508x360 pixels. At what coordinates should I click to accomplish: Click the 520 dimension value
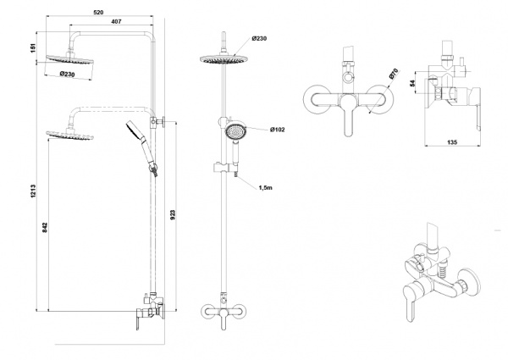(x=98, y=13)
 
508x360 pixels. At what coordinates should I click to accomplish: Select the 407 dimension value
(x=116, y=21)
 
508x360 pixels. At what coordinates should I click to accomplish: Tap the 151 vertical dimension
(x=33, y=47)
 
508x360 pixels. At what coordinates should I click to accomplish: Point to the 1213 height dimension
(x=33, y=191)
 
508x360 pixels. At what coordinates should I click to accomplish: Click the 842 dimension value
(x=45, y=227)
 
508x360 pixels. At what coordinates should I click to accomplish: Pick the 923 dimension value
(x=173, y=215)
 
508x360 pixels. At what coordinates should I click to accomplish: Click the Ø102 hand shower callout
(x=278, y=130)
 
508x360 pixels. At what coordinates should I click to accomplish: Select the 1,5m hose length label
(x=265, y=187)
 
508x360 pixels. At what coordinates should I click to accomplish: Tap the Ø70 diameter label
(x=393, y=75)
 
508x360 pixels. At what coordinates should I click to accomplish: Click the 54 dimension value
(x=412, y=83)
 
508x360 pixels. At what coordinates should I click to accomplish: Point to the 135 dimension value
(x=452, y=142)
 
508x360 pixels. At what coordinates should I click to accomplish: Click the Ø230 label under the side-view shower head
(x=68, y=74)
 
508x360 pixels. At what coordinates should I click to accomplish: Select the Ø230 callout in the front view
(x=259, y=39)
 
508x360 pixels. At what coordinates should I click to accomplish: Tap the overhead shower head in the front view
(x=224, y=59)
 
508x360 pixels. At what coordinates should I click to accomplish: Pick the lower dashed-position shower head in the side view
(x=69, y=135)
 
